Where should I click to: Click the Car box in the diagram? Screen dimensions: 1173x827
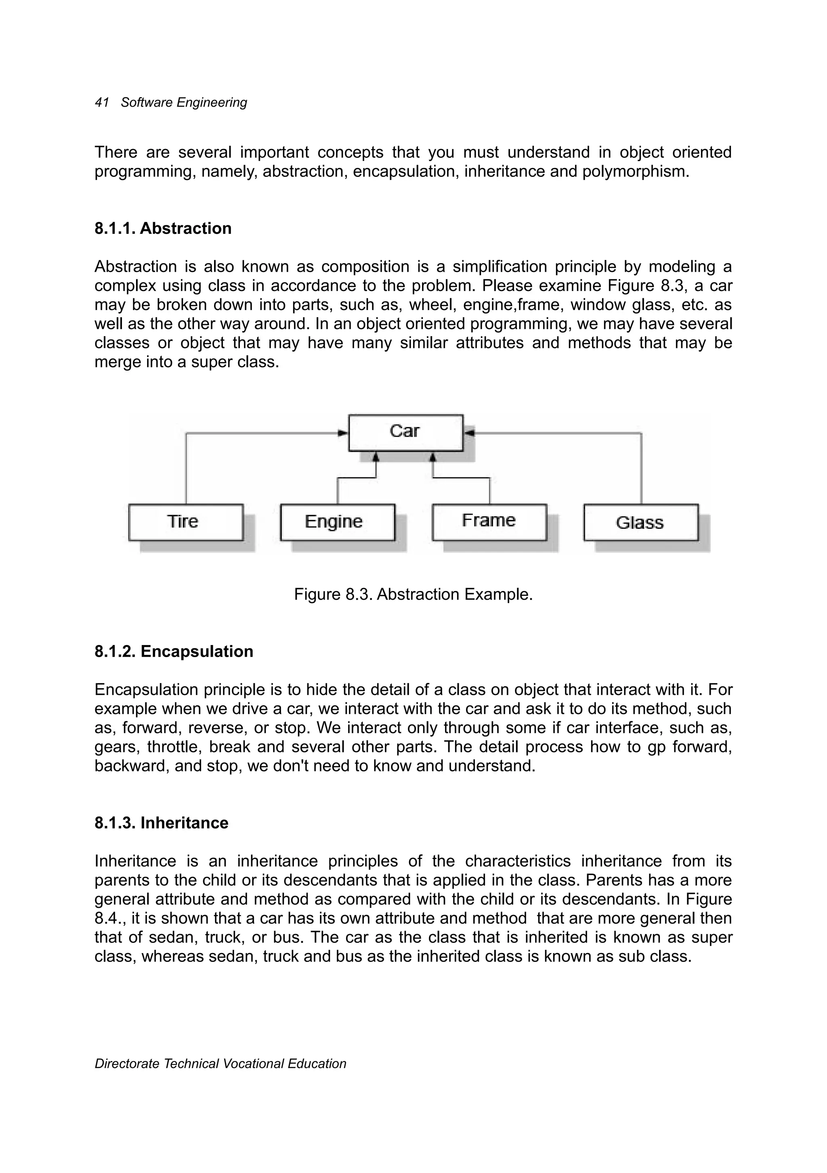point(405,432)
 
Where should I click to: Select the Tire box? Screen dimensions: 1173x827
point(185,522)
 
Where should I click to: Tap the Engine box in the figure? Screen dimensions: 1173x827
point(337,522)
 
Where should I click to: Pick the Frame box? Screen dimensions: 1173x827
point(489,522)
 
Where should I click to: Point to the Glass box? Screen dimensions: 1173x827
point(640,522)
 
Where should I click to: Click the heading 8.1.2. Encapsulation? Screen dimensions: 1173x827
point(174,651)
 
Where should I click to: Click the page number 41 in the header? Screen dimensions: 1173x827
point(102,103)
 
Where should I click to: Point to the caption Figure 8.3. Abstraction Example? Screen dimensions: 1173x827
point(413,595)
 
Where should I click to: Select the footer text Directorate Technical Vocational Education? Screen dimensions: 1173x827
point(220,1064)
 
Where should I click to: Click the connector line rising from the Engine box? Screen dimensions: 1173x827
point(337,490)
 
